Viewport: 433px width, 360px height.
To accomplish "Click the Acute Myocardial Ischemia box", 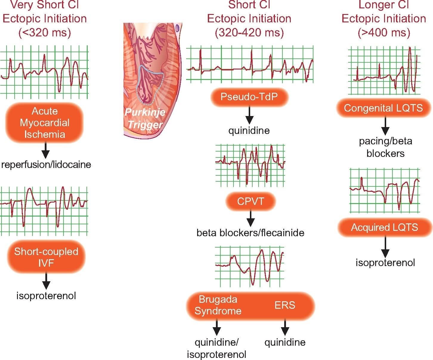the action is (x=45, y=123).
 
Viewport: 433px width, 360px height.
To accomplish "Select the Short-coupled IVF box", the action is (x=46, y=257).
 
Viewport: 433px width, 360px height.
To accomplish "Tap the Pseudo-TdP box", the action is (x=249, y=97).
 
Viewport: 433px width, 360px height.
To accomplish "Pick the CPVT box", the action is (x=250, y=201).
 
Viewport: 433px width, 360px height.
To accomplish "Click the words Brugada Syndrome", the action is (x=218, y=305).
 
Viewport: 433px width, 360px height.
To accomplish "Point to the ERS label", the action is (x=285, y=305).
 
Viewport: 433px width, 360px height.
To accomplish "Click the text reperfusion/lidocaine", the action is (x=46, y=165).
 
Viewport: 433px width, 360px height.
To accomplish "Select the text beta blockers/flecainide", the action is (x=250, y=233).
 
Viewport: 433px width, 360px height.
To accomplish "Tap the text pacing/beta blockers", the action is (x=386, y=147).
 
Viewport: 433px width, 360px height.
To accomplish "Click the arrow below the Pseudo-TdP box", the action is (x=249, y=115).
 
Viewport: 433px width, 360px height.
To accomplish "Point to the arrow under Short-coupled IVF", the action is (x=46, y=281).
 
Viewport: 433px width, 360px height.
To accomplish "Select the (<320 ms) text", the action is (x=45, y=33).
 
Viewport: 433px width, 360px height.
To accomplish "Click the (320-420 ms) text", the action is (x=249, y=33).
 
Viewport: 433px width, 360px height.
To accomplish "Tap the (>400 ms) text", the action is (x=384, y=33).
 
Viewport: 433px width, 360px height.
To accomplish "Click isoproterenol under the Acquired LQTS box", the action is (x=385, y=262).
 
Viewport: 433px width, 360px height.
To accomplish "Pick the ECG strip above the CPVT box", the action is (x=250, y=165).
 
